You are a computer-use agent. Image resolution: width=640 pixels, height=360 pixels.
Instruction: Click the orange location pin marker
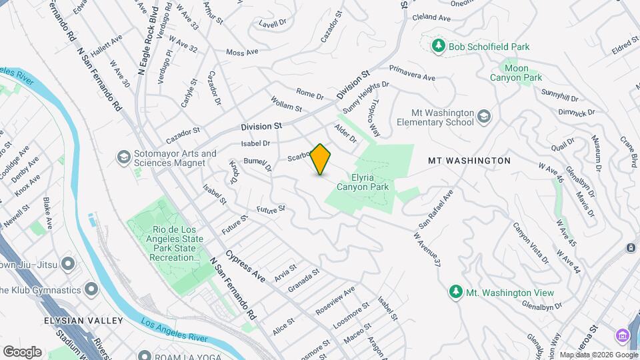[321, 159]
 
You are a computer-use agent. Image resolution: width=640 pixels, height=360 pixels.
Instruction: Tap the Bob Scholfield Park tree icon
[439, 46]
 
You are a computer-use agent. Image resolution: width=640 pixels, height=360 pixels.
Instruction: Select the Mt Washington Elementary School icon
[484, 117]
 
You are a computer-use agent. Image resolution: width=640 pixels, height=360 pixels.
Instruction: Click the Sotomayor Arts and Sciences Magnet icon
[123, 157]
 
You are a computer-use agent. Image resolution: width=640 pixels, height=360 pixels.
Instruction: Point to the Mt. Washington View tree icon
[455, 292]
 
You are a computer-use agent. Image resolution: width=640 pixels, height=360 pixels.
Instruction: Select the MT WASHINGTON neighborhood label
[469, 161]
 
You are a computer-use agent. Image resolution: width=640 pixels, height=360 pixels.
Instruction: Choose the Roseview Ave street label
[335, 303]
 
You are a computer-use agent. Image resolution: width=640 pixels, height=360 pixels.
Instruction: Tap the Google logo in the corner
[22, 351]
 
